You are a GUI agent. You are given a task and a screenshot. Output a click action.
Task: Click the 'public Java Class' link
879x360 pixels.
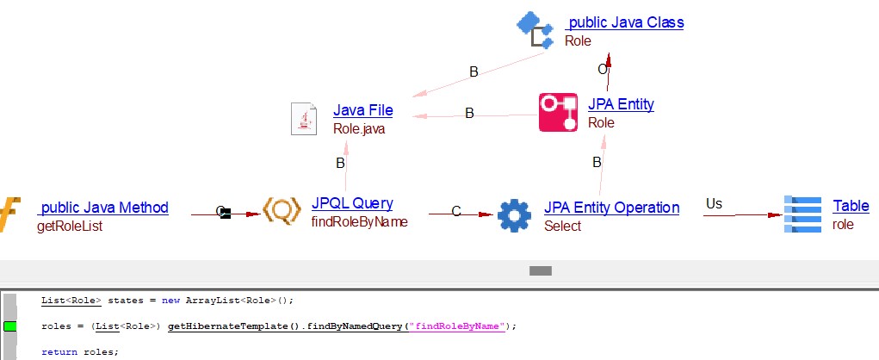(x=626, y=23)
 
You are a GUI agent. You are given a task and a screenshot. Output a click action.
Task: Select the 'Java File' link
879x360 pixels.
(x=362, y=110)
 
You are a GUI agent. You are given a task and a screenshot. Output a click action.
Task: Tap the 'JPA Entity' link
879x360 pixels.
(x=621, y=104)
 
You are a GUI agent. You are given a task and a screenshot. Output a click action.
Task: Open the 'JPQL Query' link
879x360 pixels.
(x=352, y=203)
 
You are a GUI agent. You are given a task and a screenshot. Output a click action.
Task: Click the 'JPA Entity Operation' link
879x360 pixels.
(x=611, y=208)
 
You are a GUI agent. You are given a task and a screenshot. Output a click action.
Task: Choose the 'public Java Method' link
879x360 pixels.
(x=104, y=208)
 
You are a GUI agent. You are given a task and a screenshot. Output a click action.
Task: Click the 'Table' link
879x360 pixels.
(x=851, y=206)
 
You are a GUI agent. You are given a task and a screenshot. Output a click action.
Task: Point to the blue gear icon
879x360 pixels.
(x=515, y=214)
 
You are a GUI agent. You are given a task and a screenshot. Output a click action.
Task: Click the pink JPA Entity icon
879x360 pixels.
(x=558, y=113)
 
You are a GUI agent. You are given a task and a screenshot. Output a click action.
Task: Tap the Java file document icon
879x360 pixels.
(x=303, y=118)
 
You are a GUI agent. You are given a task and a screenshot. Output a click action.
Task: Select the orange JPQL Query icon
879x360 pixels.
(x=281, y=212)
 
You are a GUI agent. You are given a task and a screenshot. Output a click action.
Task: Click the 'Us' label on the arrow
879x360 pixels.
(x=714, y=203)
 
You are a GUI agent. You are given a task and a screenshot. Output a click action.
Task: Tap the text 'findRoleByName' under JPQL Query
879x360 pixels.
(x=359, y=221)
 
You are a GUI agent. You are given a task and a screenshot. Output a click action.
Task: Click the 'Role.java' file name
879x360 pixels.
(x=359, y=129)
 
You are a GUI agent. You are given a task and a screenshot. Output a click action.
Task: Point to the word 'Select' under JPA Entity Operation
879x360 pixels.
(x=562, y=227)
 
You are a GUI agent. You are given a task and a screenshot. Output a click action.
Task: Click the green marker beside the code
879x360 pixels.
(x=10, y=326)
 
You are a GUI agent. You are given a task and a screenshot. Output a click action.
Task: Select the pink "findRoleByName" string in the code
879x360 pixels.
(x=458, y=326)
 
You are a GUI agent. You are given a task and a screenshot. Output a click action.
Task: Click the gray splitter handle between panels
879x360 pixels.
(x=540, y=270)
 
